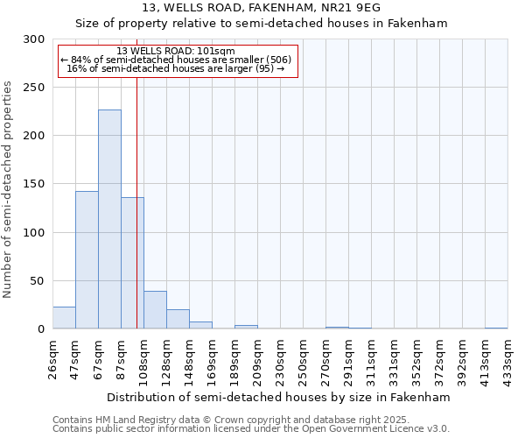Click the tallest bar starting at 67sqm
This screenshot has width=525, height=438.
(x=109, y=219)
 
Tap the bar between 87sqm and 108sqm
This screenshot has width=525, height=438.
(x=132, y=263)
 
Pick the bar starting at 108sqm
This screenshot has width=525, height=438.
(x=155, y=310)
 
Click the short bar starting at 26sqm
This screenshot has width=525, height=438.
(x=64, y=318)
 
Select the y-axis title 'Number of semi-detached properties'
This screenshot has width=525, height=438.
(x=8, y=189)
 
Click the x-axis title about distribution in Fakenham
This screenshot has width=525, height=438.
(x=280, y=397)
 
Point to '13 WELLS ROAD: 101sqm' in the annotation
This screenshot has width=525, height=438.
(x=176, y=52)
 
